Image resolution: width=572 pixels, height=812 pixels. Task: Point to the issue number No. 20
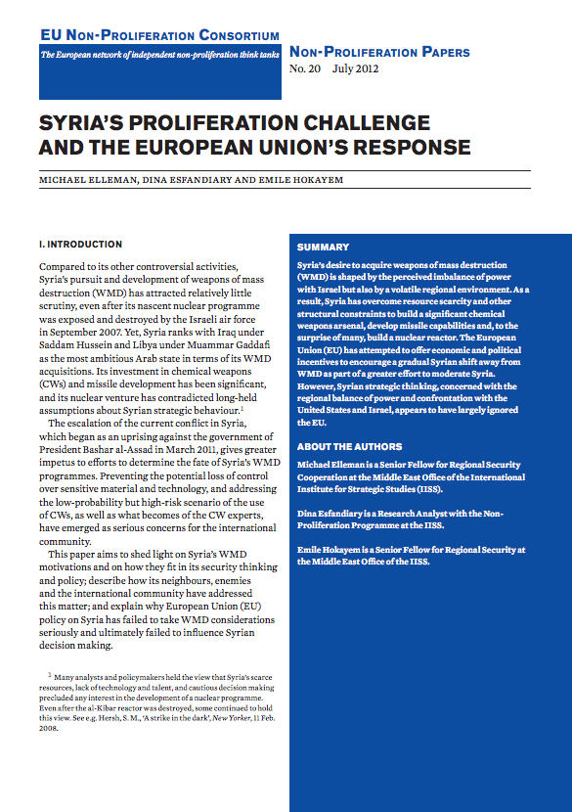[x=305, y=70]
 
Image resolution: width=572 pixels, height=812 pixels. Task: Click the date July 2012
[x=354, y=70]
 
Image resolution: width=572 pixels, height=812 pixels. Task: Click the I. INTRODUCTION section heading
[x=80, y=245]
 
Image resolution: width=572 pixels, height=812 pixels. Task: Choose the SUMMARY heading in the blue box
[x=323, y=248]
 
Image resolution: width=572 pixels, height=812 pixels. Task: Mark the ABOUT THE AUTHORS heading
[x=349, y=446]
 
